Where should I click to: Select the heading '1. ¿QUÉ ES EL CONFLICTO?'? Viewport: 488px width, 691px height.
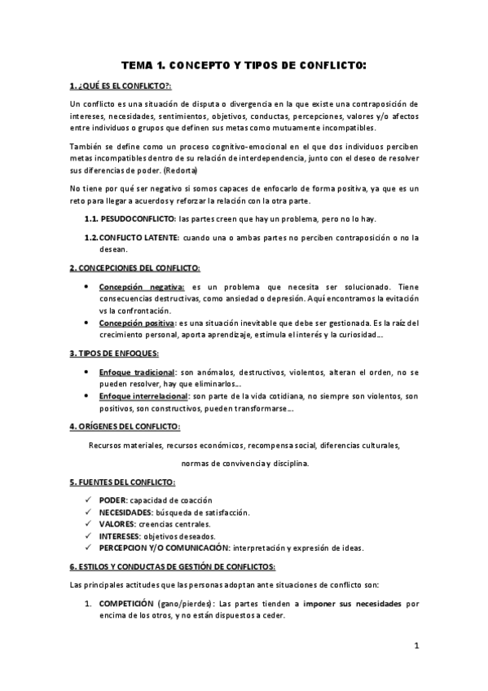121,86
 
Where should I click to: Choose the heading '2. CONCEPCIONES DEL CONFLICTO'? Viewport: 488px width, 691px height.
134,268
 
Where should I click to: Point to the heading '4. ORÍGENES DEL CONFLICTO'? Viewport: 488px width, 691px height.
125,426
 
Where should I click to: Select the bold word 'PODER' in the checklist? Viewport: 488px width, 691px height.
112,500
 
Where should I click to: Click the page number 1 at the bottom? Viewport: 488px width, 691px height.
415,647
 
